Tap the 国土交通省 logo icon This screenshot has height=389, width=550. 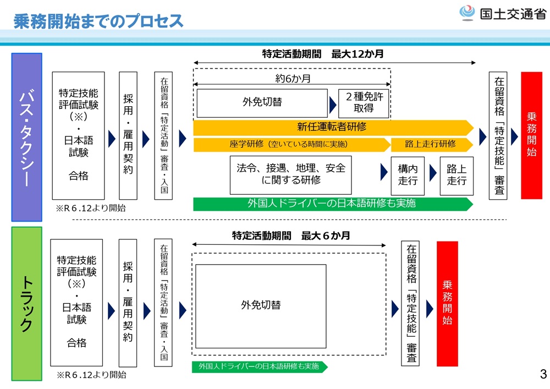tap(468, 13)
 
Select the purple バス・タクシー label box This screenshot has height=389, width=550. tap(27, 137)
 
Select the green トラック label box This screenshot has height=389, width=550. tap(26, 303)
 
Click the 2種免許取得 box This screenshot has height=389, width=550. tap(364, 103)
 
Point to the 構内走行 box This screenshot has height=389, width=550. tap(408, 176)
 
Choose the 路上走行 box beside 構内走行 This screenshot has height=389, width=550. tap(457, 176)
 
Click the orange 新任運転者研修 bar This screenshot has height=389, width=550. tap(332, 127)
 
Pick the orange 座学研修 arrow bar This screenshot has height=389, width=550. tap(289, 144)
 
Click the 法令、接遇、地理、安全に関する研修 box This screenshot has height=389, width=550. tap(291, 174)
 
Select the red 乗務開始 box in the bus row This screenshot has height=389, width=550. tap(531, 135)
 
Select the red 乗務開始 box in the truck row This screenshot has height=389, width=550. tap(447, 303)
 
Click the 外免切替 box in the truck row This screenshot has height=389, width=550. tap(261, 305)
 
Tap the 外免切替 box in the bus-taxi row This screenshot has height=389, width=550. tap(262, 102)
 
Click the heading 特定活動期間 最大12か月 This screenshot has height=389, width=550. tap(323, 54)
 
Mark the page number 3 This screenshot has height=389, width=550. tap(543, 375)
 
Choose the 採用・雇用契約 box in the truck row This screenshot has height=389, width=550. tap(128, 303)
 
